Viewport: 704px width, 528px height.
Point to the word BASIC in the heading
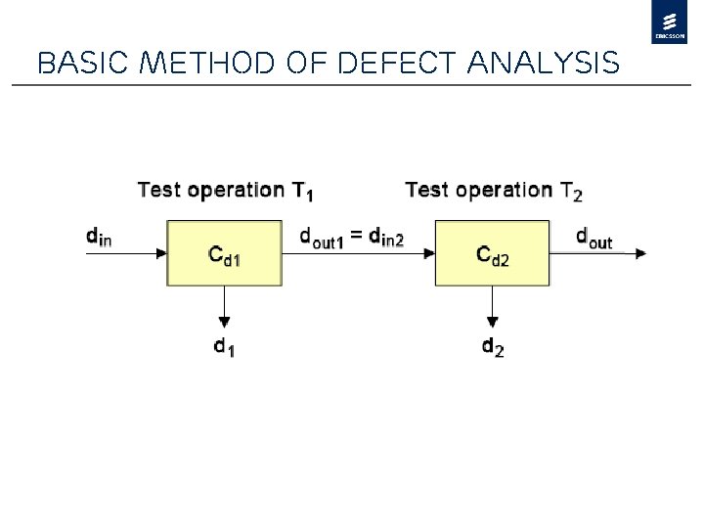(x=76, y=64)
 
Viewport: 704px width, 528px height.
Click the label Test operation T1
(x=225, y=190)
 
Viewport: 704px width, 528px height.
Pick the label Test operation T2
(x=493, y=190)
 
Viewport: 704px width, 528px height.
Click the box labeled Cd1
(x=225, y=253)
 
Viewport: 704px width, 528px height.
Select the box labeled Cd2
(x=492, y=253)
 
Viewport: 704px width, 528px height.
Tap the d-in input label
(x=99, y=236)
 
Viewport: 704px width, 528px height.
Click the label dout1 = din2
(x=352, y=237)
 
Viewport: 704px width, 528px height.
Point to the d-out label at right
(x=594, y=238)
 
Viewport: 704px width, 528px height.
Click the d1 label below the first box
(x=225, y=346)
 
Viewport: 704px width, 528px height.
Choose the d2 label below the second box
(x=493, y=346)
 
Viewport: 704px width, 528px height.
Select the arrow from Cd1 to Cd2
(x=358, y=253)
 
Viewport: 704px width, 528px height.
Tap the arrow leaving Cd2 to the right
(x=598, y=253)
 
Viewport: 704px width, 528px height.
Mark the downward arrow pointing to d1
(x=225, y=307)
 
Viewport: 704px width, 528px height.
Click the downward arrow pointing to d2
(x=492, y=307)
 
